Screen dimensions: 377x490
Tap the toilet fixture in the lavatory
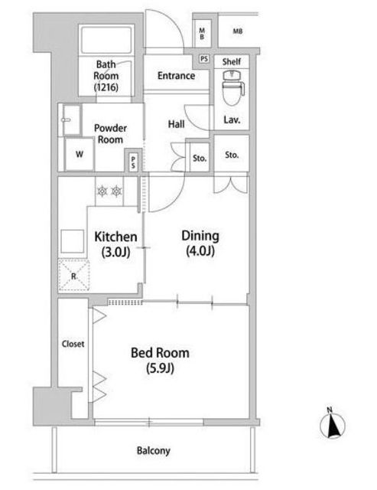[233, 87]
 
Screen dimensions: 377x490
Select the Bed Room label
[160, 353]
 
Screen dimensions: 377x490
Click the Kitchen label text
[115, 237]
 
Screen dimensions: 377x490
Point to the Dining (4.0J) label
[200, 243]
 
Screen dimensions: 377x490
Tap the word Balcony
[154, 451]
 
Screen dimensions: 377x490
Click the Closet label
[73, 344]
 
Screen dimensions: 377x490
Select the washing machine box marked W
[80, 154]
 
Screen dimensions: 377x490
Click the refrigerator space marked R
[74, 276]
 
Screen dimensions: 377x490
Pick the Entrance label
[177, 76]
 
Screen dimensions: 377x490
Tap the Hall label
[177, 124]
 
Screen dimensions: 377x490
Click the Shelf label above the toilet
[232, 61]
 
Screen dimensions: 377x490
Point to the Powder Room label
[110, 134]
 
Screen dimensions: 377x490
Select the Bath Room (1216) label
[106, 76]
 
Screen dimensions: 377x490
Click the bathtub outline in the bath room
[106, 41]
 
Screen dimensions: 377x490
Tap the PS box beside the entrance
[204, 59]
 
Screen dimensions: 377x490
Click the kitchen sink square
[73, 241]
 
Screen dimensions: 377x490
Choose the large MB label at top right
[238, 31]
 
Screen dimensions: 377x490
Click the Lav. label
[232, 119]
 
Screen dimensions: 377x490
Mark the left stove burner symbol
[102, 191]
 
